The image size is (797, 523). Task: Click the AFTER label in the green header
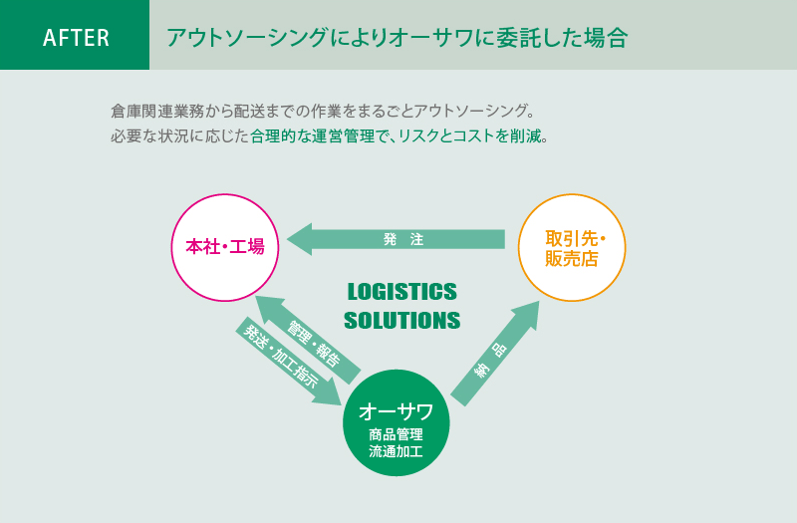click(x=76, y=38)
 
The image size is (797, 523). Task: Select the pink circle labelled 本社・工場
click(x=225, y=247)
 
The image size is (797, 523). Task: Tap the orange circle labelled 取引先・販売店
click(x=572, y=247)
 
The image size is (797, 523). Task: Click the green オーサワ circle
click(x=396, y=424)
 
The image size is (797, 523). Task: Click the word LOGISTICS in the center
click(x=401, y=292)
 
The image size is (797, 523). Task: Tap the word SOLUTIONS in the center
click(x=401, y=321)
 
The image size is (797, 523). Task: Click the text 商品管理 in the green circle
click(x=396, y=434)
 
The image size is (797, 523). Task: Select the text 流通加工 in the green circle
click(x=396, y=451)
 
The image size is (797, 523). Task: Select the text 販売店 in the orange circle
click(x=572, y=259)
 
